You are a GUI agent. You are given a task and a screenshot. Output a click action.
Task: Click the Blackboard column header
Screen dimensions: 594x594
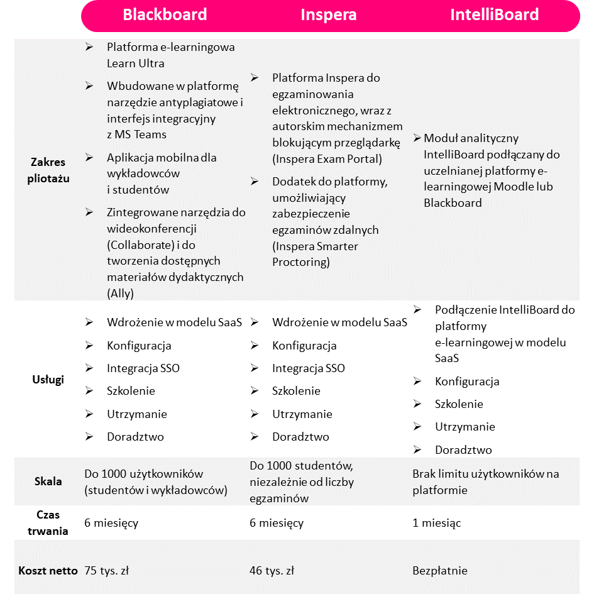(x=165, y=15)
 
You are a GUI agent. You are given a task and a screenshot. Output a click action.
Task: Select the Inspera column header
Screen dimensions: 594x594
(x=329, y=15)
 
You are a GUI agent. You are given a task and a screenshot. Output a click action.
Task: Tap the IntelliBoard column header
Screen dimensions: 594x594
(x=494, y=15)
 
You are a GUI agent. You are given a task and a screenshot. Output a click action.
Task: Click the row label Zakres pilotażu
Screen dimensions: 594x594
(x=48, y=170)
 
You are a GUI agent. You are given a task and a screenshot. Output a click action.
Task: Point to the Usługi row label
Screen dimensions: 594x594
(x=48, y=380)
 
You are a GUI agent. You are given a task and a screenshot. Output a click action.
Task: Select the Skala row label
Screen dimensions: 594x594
(x=48, y=482)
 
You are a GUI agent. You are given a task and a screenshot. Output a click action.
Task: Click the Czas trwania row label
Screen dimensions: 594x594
(x=48, y=522)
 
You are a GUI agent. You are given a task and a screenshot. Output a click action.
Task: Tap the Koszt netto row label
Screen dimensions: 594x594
(x=48, y=571)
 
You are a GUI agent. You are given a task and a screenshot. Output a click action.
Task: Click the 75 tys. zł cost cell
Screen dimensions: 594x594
(x=107, y=571)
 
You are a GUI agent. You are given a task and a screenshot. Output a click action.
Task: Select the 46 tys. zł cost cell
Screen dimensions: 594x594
(x=272, y=571)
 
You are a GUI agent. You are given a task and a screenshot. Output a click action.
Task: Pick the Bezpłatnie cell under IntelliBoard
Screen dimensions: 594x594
(x=440, y=571)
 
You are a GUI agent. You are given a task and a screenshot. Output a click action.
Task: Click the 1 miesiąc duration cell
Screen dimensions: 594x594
(x=437, y=523)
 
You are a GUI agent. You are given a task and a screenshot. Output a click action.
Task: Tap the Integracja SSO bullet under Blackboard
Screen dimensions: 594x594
(x=143, y=368)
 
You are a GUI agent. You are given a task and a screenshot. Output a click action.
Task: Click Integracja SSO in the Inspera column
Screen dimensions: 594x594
(x=309, y=368)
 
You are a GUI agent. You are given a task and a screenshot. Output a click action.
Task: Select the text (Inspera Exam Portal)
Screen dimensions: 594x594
(x=327, y=159)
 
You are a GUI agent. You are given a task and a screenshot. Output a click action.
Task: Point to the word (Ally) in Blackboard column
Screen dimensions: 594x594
(x=120, y=293)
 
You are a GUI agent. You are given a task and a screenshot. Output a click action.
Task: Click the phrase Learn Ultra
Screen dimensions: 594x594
(x=136, y=63)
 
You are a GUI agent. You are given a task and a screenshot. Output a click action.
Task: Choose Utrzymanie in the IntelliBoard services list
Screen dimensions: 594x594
(x=465, y=427)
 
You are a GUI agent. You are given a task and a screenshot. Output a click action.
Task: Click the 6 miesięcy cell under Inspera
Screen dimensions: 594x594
(x=277, y=523)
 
